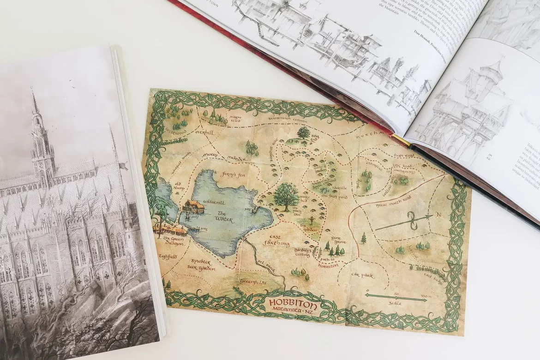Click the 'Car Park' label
pyautogui.click(x=362, y=276)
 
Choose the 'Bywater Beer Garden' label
pyautogui.click(x=200, y=264)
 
